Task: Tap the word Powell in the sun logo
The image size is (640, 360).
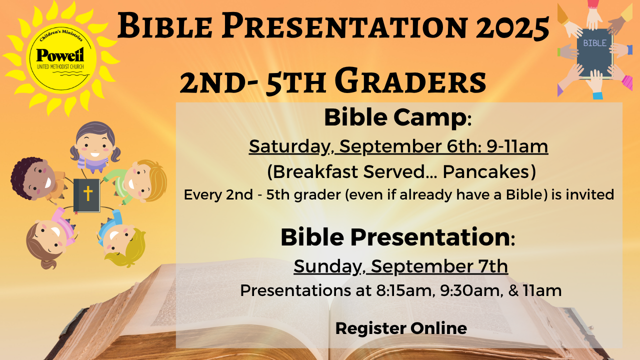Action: click(60, 55)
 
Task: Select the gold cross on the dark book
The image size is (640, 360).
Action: click(87, 193)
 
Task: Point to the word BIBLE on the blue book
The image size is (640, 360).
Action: click(595, 43)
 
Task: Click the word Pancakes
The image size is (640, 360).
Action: click(489, 172)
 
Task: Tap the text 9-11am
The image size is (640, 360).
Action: click(517, 146)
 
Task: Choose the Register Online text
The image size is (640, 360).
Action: click(401, 328)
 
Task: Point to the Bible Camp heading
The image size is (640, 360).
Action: click(397, 117)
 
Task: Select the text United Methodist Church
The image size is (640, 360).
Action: click(60, 67)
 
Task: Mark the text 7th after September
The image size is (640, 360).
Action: click(493, 266)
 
